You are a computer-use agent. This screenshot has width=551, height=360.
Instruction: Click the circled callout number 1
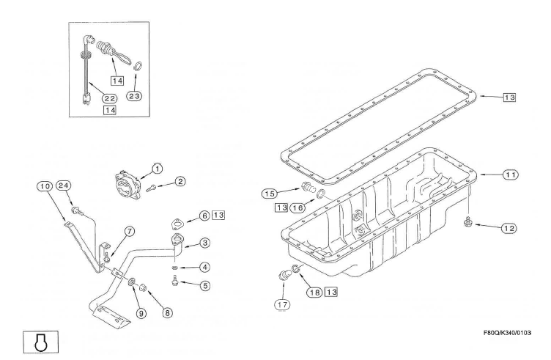coord(157,168)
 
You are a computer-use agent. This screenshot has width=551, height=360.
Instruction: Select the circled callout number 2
coord(180,180)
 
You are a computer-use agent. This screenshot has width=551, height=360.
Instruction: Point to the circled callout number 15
coord(269,194)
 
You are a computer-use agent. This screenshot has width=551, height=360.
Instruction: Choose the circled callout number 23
coord(135,95)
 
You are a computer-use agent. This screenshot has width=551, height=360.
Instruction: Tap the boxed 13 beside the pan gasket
coord(510,96)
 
